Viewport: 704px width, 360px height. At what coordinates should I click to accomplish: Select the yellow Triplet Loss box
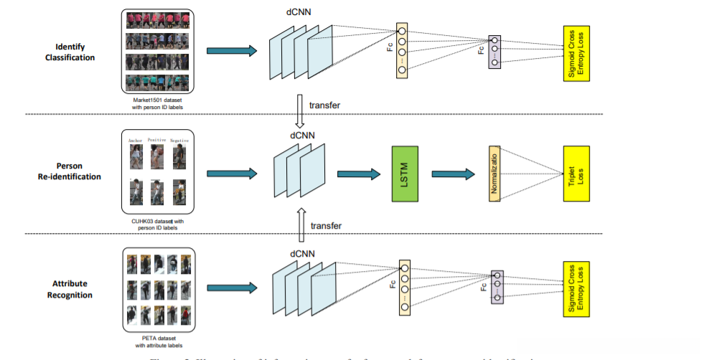click(576, 172)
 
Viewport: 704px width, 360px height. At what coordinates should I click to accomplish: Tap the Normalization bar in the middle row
click(494, 173)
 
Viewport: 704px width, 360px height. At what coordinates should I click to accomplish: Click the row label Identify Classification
click(70, 52)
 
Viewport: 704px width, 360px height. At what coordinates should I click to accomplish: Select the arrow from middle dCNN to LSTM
click(359, 173)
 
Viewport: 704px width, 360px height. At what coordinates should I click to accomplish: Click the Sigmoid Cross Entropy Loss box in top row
click(576, 52)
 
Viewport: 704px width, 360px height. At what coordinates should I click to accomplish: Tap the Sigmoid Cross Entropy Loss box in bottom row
click(576, 288)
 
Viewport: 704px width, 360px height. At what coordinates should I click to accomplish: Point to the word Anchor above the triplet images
click(136, 141)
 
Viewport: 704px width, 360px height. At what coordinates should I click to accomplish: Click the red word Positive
click(156, 141)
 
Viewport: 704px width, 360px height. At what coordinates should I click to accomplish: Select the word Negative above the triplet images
click(179, 141)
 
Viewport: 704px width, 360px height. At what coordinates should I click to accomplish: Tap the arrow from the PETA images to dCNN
click(232, 288)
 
